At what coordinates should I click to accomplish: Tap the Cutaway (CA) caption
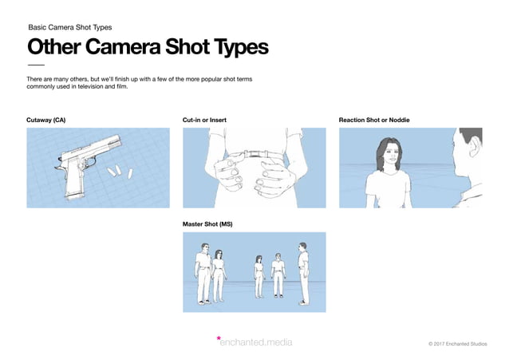click(x=46, y=120)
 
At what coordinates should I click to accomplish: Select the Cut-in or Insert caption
click(x=204, y=120)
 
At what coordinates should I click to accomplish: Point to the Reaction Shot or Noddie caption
click(x=373, y=120)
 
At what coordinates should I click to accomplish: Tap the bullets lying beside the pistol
click(x=120, y=171)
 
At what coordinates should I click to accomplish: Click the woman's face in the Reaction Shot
click(x=386, y=152)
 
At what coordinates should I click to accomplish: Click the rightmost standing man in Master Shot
click(x=302, y=272)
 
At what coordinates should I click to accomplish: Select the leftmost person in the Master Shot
click(x=202, y=275)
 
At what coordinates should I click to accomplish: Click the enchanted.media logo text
click(x=257, y=343)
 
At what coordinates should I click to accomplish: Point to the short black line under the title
click(x=36, y=65)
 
